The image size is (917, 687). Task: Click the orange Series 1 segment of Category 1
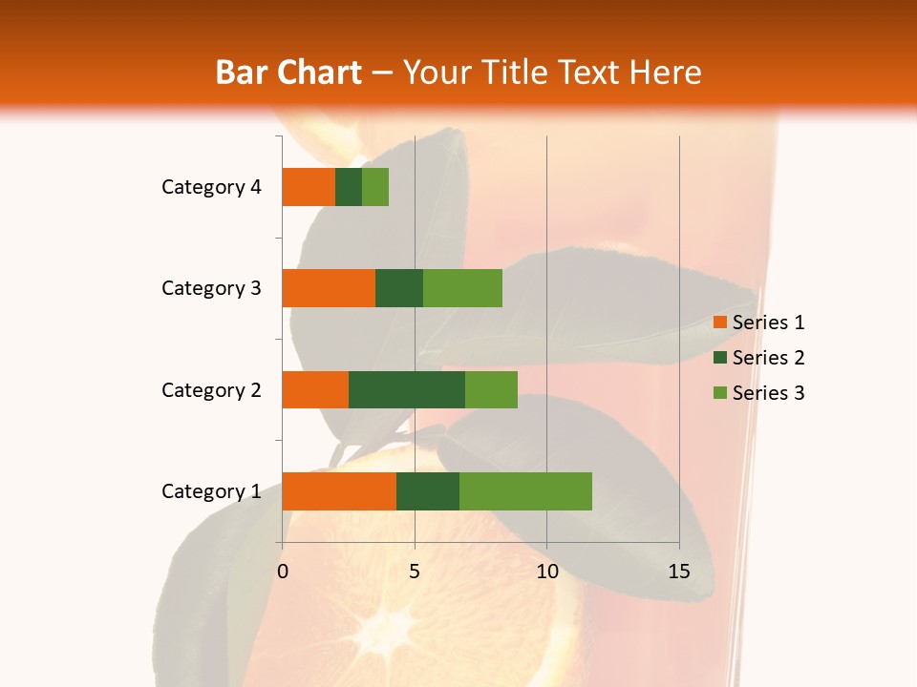[x=339, y=490]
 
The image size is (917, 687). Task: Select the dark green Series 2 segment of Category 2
[x=407, y=389]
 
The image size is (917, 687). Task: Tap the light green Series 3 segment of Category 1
[x=525, y=490]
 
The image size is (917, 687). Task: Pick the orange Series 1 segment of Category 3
[x=329, y=288]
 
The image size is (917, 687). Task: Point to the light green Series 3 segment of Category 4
[x=375, y=187]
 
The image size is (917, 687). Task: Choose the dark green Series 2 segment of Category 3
[x=399, y=288]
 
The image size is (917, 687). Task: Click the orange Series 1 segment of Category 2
[x=315, y=389]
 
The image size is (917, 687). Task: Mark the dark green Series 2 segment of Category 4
[x=349, y=187]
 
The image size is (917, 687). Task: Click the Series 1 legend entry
[x=758, y=323]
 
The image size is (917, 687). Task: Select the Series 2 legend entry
[x=758, y=358]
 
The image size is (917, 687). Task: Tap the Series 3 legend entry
[x=758, y=393]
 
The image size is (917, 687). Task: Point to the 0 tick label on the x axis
[x=283, y=572]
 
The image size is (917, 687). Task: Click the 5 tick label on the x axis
[x=415, y=572]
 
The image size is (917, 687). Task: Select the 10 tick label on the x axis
[x=546, y=572]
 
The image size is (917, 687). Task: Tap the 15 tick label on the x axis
[x=679, y=572]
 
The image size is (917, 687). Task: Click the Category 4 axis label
[x=211, y=187]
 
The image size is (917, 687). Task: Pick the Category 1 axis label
[x=211, y=491]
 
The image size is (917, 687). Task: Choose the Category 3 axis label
[x=211, y=288]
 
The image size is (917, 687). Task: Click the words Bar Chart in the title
[x=288, y=73]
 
